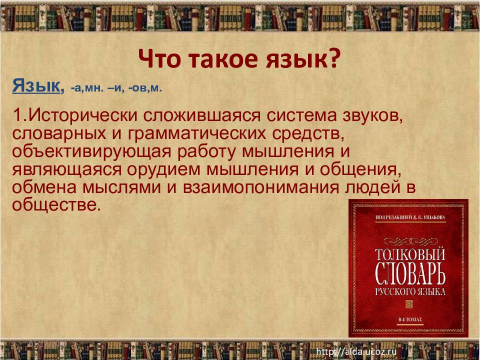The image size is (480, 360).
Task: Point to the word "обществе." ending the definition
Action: pos(54,204)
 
